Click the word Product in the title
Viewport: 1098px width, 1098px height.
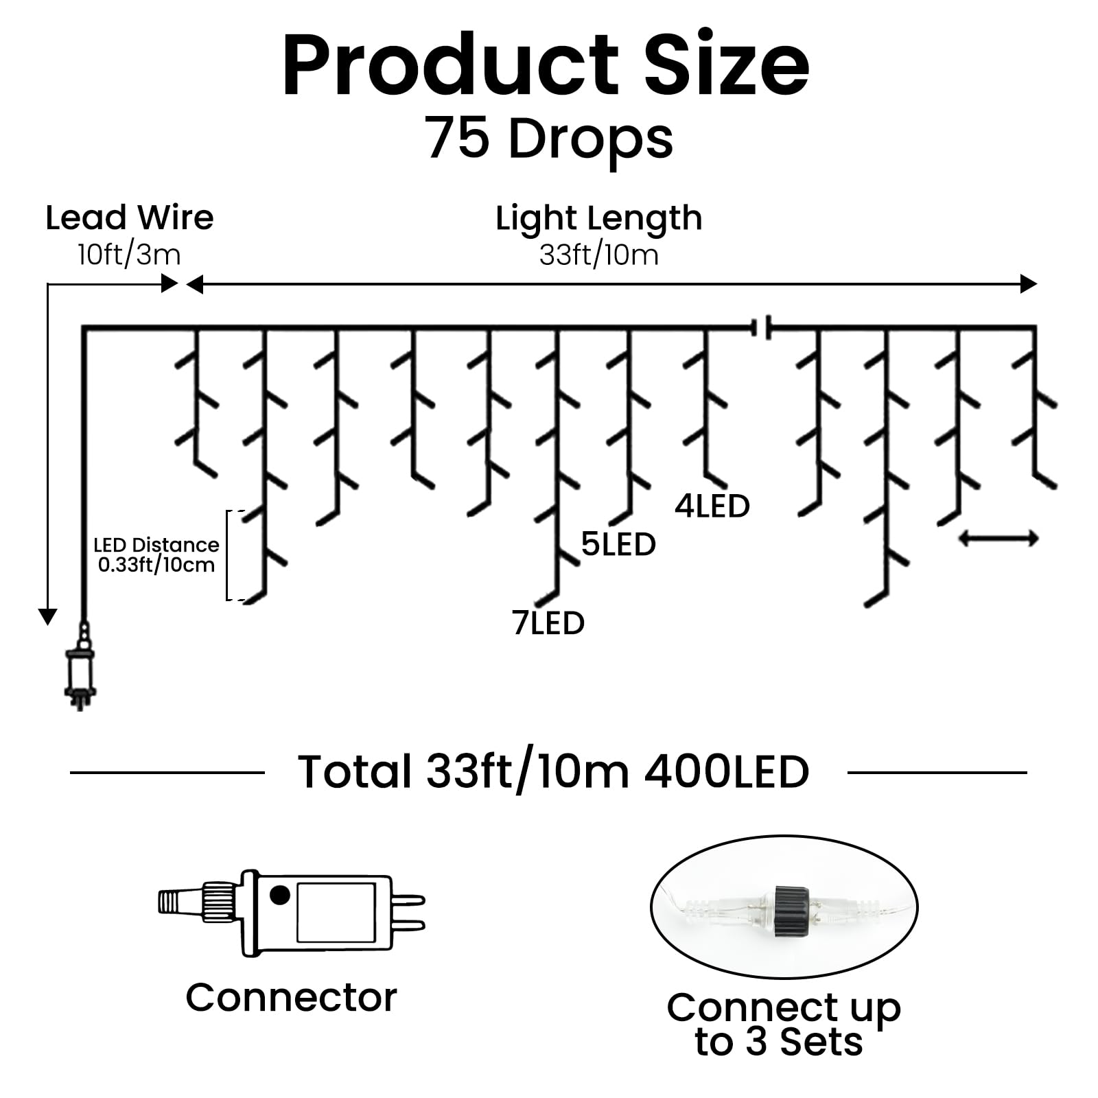[450, 67]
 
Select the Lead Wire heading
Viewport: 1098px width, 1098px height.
[130, 218]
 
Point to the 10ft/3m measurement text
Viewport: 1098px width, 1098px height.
[129, 255]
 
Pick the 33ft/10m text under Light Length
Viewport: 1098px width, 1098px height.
[598, 255]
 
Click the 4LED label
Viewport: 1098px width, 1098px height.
[712, 506]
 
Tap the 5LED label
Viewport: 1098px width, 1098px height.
[618, 545]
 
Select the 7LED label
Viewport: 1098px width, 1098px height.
[548, 623]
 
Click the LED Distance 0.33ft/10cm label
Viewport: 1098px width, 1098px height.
[156, 555]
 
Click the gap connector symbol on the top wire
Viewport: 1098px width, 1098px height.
[762, 327]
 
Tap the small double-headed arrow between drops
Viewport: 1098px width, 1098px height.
[998, 539]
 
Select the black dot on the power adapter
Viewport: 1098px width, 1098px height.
[280, 895]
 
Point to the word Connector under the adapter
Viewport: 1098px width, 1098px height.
[291, 998]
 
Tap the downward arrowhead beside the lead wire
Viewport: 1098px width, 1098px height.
[47, 616]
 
